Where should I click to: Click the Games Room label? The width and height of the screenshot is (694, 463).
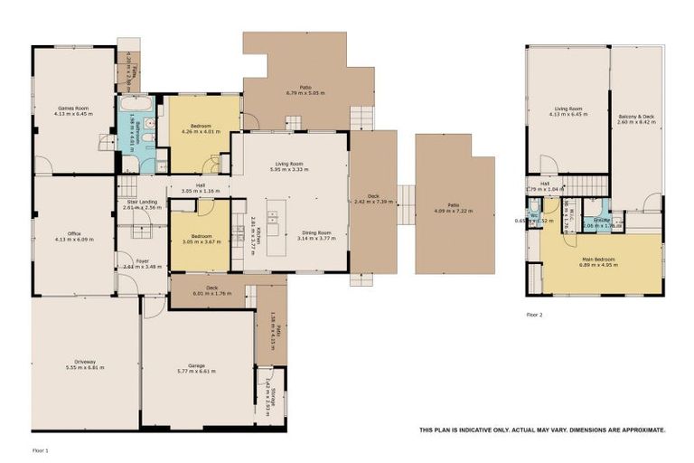pyautogui.click(x=74, y=108)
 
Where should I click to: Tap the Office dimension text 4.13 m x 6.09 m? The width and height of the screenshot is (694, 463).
pyautogui.click(x=74, y=240)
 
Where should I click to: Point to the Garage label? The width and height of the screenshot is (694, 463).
pyautogui.click(x=197, y=364)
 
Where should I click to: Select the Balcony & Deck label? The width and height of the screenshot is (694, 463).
pyautogui.click(x=636, y=115)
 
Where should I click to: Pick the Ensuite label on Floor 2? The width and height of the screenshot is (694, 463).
pyautogui.click(x=597, y=219)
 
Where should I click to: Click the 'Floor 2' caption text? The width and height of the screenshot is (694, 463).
pyautogui.click(x=535, y=315)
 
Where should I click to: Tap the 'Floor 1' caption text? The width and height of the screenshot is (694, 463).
pyautogui.click(x=40, y=449)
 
